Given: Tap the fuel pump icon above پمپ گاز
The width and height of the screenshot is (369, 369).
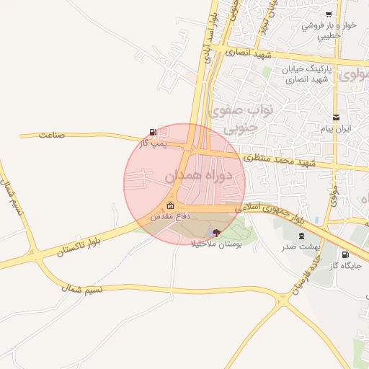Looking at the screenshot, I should pyautogui.click(x=152, y=132).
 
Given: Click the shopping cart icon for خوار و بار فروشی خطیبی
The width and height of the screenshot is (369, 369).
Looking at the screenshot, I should pyautogui.click(x=329, y=14).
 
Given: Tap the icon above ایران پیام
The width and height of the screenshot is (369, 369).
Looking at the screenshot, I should pyautogui.click(x=336, y=117).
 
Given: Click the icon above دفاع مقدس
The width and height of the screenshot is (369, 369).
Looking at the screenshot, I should pyautogui.click(x=170, y=205).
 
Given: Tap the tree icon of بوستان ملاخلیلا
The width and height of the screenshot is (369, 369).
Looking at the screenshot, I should pyautogui.click(x=217, y=232).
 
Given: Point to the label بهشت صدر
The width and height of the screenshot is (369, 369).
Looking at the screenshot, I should pyautogui.click(x=300, y=246).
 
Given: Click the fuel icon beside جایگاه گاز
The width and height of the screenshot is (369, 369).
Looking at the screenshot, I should pyautogui.click(x=344, y=254).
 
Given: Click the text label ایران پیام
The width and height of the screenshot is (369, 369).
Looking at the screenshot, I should pyautogui.click(x=336, y=129).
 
